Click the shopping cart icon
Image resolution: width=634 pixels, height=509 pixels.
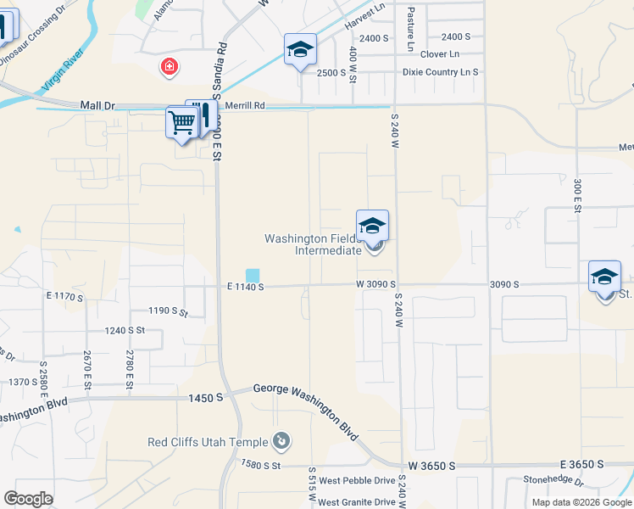182,122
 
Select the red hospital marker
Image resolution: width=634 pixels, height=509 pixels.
170,66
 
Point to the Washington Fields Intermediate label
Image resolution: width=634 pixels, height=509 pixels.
314,245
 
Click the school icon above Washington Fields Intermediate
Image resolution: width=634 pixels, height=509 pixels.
372,227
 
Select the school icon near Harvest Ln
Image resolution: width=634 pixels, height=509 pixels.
300,50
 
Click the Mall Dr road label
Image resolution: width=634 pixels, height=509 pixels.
97,106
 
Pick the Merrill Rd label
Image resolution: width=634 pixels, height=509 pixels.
245,106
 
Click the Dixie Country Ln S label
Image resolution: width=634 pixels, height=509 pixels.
440,72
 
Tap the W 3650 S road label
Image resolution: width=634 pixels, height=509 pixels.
431,466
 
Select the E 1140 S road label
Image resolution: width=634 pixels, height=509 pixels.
246,288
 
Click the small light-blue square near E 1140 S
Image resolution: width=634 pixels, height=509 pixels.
253,275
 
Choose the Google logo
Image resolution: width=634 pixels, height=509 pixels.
28,499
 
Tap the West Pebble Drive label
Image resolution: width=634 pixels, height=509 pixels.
356,481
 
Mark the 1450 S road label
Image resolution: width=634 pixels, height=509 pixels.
206,397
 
